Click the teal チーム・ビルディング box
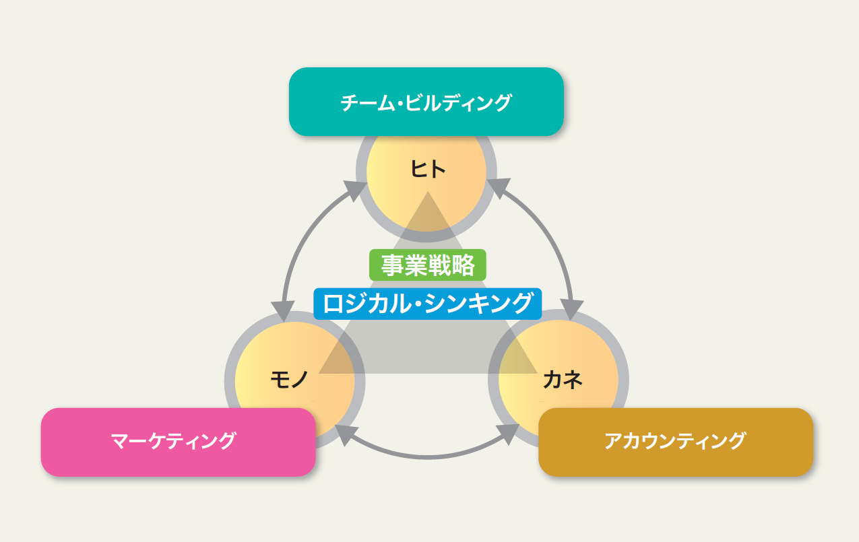pos(426,102)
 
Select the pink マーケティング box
pos(178,442)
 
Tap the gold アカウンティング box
pos(675,442)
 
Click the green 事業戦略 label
pos(427,265)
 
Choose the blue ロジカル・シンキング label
pos(427,303)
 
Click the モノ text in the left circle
pos(289,380)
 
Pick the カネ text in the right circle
pos(562,380)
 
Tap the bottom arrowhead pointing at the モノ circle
pos(346,434)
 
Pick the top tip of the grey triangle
pos(427,194)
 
